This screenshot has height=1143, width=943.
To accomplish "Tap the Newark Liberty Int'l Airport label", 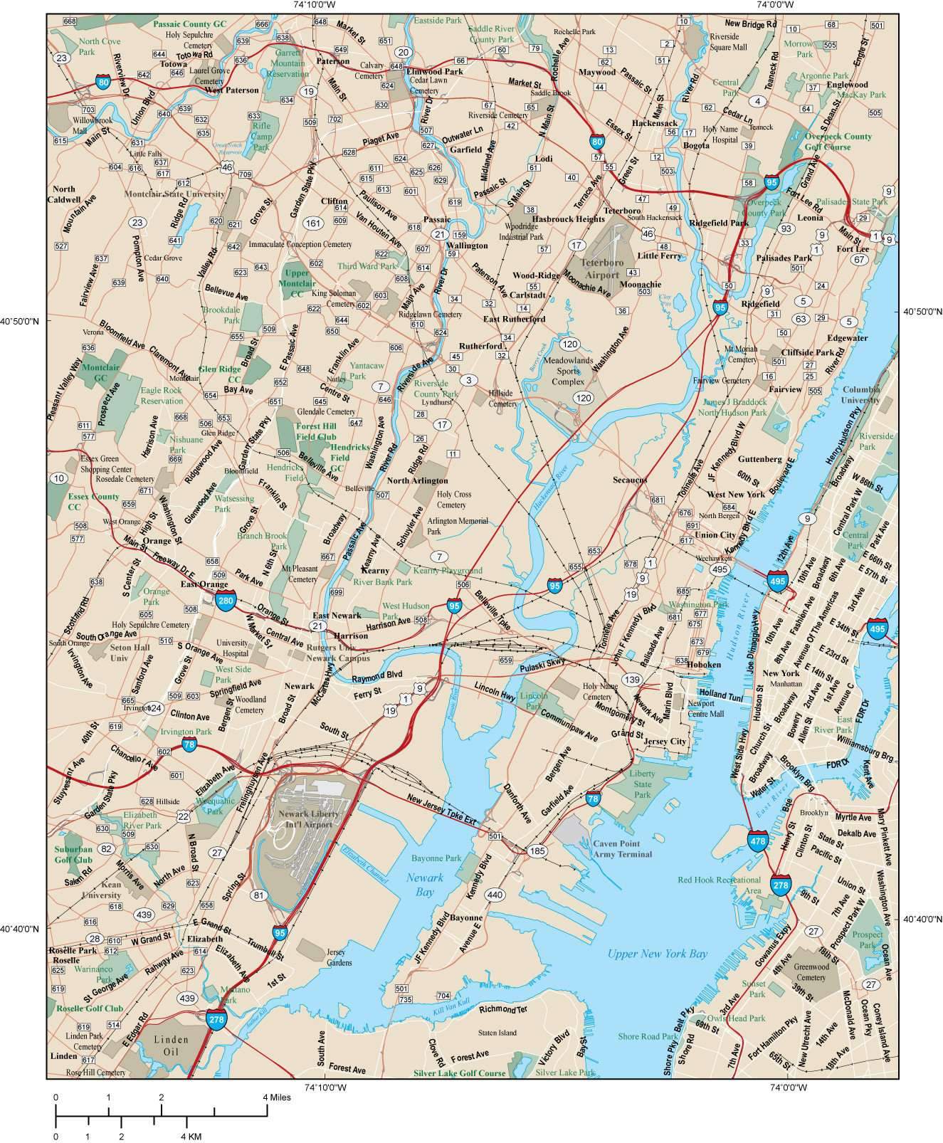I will click(x=309, y=818).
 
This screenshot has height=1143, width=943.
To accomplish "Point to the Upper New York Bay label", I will click(x=657, y=954).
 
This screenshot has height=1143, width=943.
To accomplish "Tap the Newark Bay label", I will click(x=425, y=884).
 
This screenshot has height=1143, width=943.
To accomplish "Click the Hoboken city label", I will click(x=703, y=664).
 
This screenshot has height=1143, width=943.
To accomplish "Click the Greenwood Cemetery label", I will click(x=810, y=972).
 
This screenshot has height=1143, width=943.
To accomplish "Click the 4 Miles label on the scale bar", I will click(x=276, y=1097).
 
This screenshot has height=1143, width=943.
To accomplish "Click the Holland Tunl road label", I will click(x=720, y=694).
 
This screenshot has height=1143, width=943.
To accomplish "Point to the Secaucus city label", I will click(x=630, y=480).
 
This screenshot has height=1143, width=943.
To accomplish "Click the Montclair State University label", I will click(x=174, y=194).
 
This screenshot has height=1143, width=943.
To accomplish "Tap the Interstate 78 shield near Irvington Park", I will click(x=189, y=745).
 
